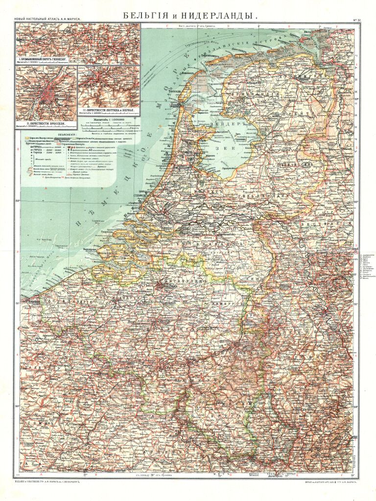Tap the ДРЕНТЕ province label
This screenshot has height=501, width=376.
[x=313, y=113]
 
